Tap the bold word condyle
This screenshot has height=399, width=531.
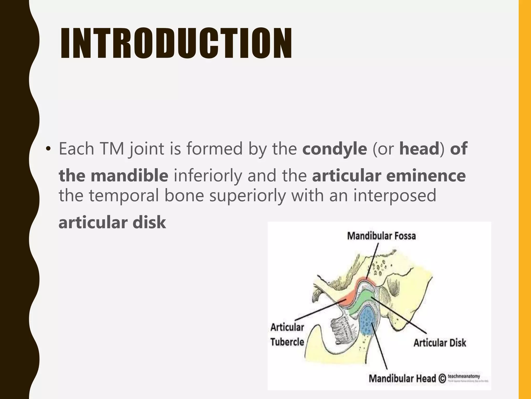[x=334, y=149]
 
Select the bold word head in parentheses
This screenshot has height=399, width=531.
[x=419, y=149]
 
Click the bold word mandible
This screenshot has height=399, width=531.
[x=130, y=176]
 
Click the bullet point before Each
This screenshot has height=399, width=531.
[x=48, y=149]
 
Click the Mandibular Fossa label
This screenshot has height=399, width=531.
[x=381, y=236]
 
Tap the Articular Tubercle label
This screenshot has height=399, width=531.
[x=287, y=335]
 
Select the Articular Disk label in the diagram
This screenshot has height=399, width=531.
[x=440, y=343]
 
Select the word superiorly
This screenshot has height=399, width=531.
[x=247, y=195]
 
